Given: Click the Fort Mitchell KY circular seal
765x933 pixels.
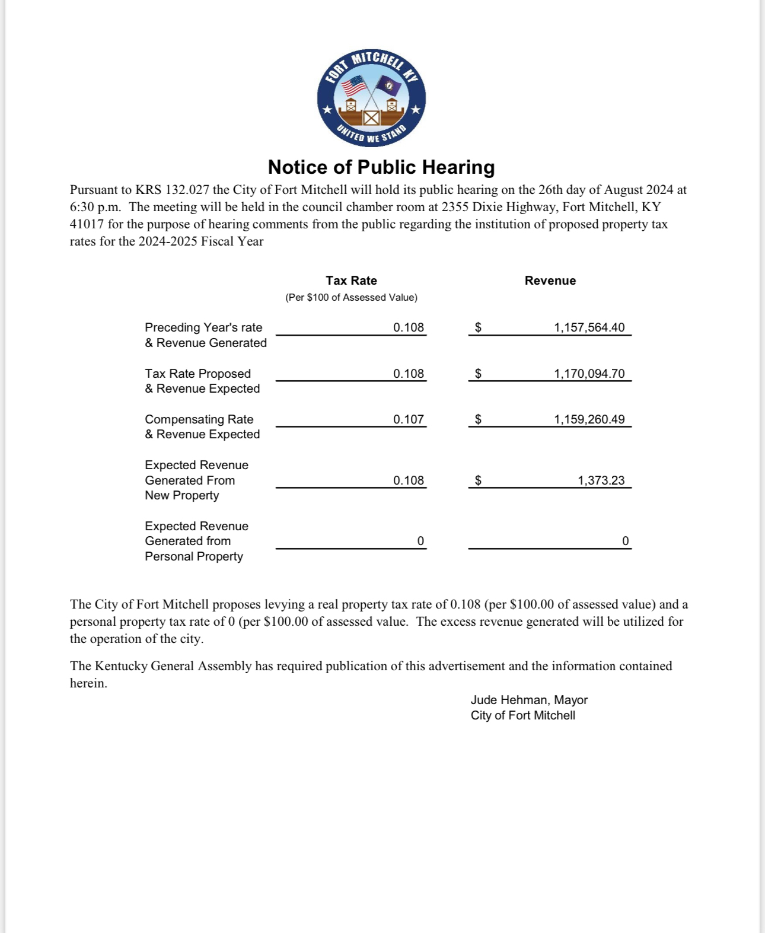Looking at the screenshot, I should point(371,98).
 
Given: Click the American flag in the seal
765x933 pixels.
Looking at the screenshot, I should point(355,86).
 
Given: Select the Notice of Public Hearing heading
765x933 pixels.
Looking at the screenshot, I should point(381,167).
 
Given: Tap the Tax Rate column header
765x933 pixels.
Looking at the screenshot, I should point(351,281).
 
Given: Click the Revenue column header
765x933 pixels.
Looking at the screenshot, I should point(550,281).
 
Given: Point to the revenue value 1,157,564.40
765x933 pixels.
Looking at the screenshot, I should point(589,327).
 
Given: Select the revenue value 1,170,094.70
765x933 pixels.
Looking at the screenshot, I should point(589,374).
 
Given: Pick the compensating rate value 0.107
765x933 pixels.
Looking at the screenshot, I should point(409,419).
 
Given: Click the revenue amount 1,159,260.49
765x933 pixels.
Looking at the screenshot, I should point(589,419).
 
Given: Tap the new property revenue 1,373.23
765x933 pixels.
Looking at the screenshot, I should point(601,480).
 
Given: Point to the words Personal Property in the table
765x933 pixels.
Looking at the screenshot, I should point(194,556).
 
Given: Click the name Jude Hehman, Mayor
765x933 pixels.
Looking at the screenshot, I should point(529,700).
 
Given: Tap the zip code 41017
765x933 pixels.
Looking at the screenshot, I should point(87,224).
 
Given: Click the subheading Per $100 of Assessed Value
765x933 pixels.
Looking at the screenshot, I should point(351,297).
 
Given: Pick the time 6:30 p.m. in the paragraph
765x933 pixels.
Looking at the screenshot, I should point(95,207).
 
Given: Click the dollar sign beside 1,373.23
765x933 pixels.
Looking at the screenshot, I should point(478,480).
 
